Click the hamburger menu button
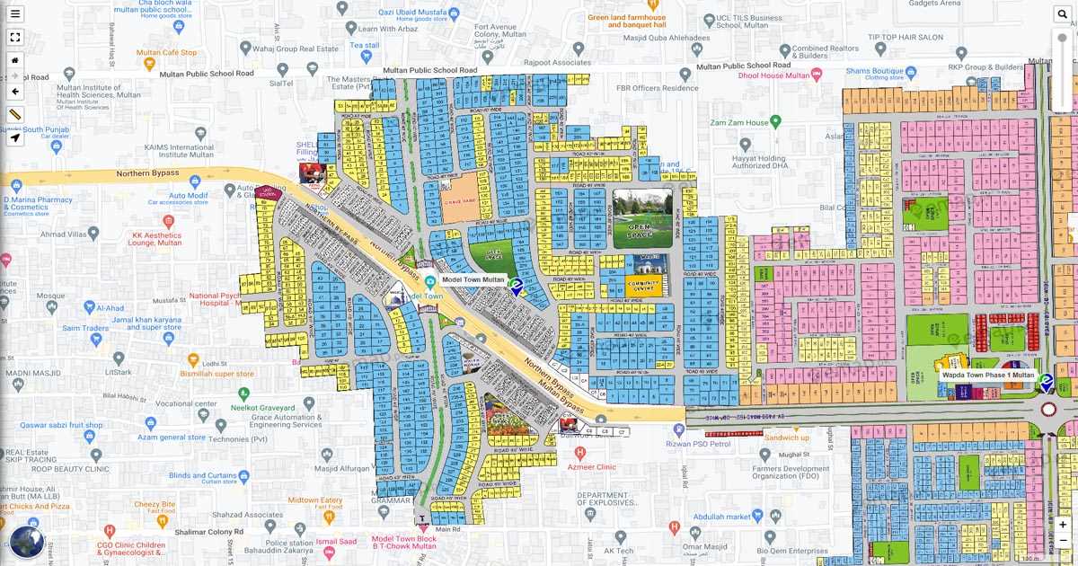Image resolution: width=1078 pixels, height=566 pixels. (15, 13)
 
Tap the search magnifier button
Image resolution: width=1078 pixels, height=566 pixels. (1063, 13)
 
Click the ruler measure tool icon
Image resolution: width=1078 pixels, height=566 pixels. (15, 115)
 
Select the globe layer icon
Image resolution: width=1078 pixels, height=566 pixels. (27, 542)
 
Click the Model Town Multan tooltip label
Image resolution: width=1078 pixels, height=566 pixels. (473, 280)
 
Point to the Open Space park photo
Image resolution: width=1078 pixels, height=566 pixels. (642, 217)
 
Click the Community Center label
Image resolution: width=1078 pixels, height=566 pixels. (643, 287)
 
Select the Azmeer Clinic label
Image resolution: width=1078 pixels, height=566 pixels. (592, 467)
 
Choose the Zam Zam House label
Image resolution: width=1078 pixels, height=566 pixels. (739, 122)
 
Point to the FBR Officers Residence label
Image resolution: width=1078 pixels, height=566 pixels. (657, 88)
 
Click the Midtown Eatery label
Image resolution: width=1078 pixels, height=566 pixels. (315, 500)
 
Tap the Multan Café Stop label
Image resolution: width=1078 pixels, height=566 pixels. (166, 53)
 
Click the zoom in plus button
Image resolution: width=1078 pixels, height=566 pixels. (1063, 525)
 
